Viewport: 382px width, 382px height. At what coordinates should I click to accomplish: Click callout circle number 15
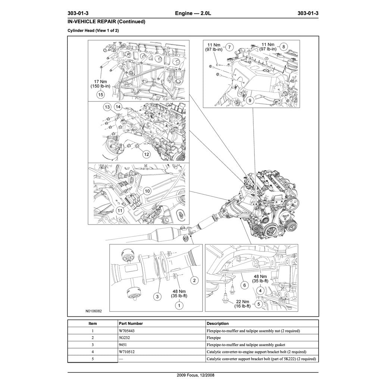click(100, 95)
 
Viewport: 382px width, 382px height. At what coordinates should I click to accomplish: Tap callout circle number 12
click(147, 154)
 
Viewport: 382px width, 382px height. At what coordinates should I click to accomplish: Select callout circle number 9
click(249, 100)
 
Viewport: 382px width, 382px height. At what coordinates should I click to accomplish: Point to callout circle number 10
click(147, 191)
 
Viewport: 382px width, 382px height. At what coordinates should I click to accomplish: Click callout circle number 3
click(158, 297)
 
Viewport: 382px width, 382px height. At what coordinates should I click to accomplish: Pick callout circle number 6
click(245, 285)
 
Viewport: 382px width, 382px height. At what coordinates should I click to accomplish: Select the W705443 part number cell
click(126, 331)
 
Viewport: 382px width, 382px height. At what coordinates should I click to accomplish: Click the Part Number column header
click(130, 323)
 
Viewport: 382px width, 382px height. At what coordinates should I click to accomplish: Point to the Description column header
click(217, 323)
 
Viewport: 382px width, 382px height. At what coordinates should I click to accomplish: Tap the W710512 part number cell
click(126, 352)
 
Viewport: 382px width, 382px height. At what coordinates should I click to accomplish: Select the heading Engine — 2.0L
click(193, 13)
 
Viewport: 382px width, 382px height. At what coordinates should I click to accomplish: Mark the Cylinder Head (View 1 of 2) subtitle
click(93, 30)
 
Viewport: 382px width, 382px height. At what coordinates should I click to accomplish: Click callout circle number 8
click(283, 47)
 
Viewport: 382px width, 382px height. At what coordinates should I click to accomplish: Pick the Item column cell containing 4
click(93, 352)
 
